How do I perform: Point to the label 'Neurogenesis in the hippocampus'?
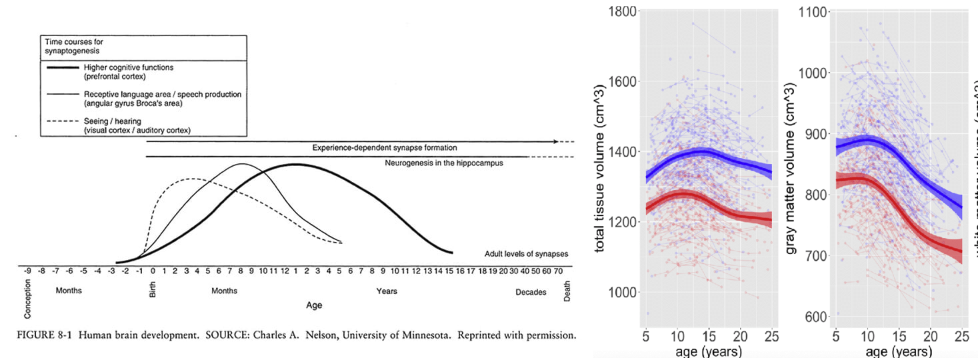coord(443,163)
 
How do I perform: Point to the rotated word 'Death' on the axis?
coord(567,291)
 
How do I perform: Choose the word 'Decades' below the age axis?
coord(531,292)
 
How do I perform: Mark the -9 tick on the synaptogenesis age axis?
coord(28,271)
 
